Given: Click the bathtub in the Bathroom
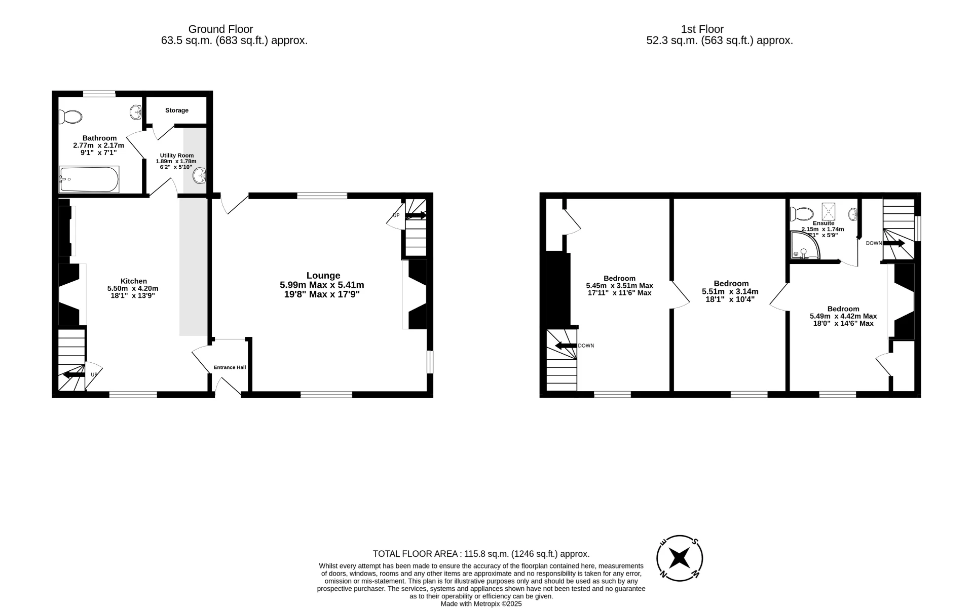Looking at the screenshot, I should click(x=89, y=179).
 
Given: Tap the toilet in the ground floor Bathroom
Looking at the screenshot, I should click(x=70, y=117).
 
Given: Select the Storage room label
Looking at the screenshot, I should click(x=176, y=110).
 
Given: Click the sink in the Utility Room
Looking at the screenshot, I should click(x=199, y=176).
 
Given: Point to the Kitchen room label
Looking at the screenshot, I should click(x=133, y=281).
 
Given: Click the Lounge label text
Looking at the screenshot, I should click(x=323, y=276).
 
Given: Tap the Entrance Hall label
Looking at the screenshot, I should click(x=230, y=367).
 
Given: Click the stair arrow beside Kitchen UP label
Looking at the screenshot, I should click(x=73, y=375).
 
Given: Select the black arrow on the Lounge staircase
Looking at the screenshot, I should click(x=416, y=215).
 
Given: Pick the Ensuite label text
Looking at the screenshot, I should click(x=823, y=223).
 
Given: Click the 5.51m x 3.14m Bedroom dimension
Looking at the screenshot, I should click(x=730, y=291).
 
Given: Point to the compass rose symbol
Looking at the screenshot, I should click(x=679, y=558).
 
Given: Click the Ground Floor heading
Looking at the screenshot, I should click(x=220, y=29).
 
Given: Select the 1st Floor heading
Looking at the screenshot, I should click(x=702, y=29).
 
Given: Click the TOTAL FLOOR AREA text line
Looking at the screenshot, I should click(x=481, y=554).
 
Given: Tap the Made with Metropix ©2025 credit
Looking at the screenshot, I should click(x=481, y=603).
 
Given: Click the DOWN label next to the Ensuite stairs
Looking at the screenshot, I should click(x=873, y=243).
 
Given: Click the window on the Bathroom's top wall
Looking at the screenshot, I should click(x=99, y=93).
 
